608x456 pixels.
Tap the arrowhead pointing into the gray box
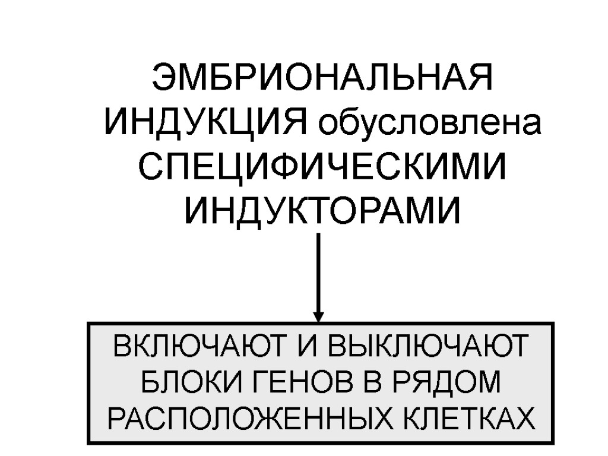318,316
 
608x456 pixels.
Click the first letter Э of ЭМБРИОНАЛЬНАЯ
163,80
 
